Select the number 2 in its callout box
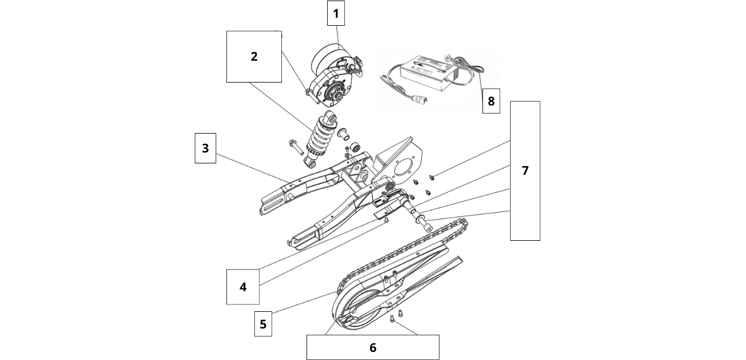[254, 57]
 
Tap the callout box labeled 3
[205, 148]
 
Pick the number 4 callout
[243, 287]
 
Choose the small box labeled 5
[263, 324]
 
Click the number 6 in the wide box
[372, 347]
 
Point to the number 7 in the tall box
[525, 171]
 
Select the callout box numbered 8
[491, 101]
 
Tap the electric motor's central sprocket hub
[334, 92]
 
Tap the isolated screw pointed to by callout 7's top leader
[432, 178]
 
